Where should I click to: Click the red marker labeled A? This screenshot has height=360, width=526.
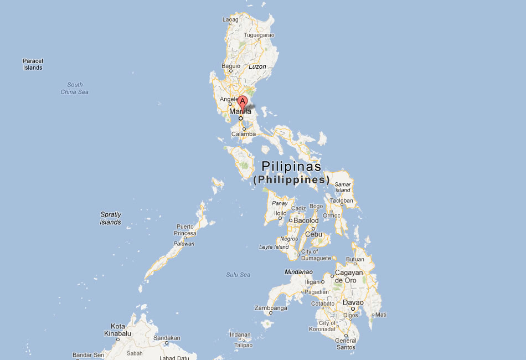243,102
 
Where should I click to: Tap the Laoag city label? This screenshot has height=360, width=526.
230,19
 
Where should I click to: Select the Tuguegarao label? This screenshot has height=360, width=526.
259,35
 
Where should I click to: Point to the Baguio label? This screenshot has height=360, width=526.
231,66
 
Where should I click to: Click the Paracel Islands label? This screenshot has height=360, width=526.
33,64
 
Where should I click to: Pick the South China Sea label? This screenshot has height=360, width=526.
75,88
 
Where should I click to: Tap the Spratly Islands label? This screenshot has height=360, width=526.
110,218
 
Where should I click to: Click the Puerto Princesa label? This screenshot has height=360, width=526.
185,230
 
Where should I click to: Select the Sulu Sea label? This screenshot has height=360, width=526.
238,275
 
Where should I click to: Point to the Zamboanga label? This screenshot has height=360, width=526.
270,308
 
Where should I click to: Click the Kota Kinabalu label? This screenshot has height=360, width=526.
118,330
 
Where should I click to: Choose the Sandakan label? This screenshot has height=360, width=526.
167,337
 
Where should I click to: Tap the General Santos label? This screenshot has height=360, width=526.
346,344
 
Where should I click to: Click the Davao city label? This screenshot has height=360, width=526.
353,302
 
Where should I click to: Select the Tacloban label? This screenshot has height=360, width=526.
342,200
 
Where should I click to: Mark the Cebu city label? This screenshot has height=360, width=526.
313,234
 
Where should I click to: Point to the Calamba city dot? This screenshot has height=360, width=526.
244,129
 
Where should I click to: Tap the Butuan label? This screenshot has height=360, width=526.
355,259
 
